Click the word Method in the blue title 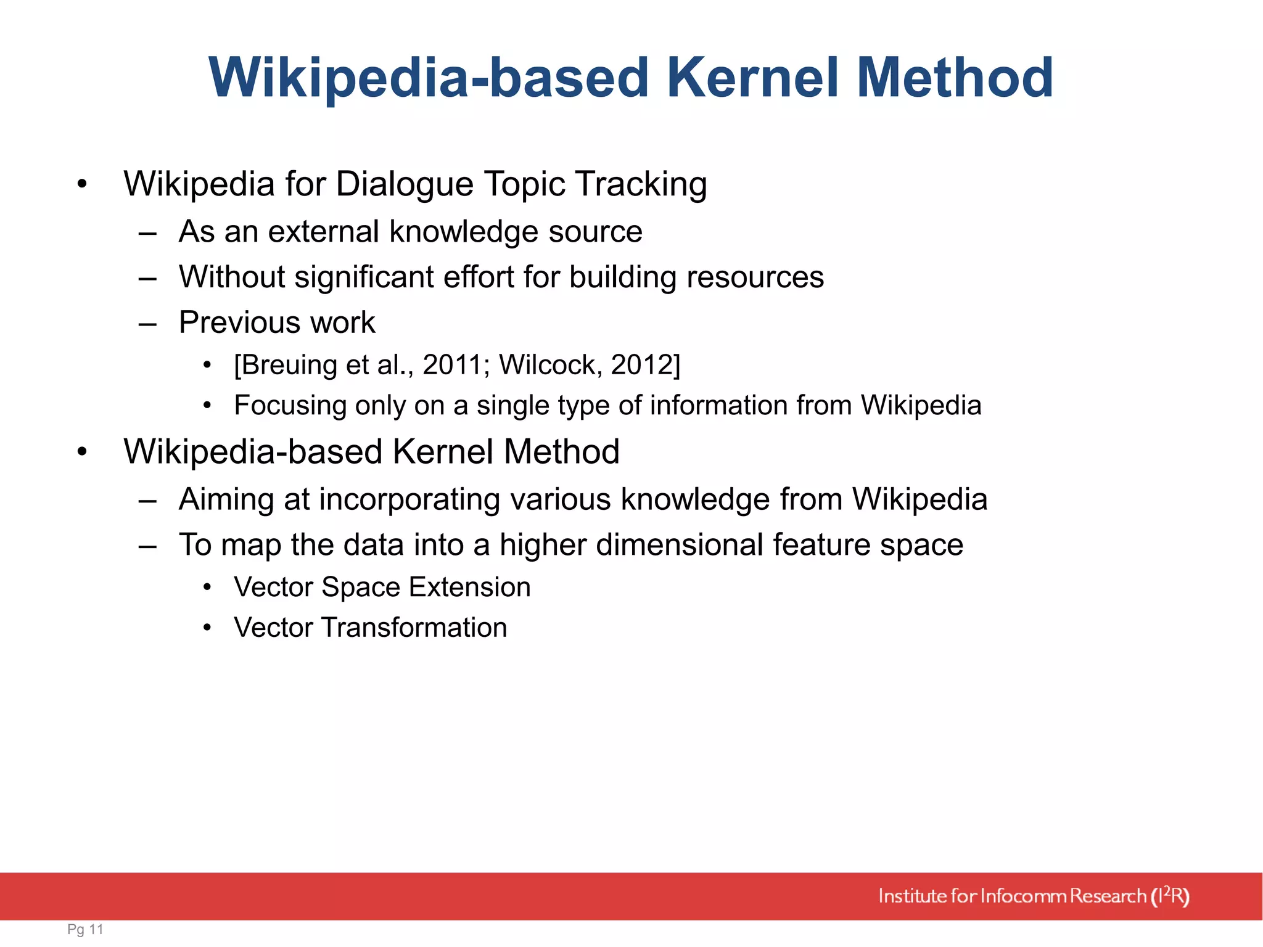click(955, 78)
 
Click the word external click(323, 232)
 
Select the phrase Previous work click(277, 322)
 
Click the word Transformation click(414, 628)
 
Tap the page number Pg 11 click(85, 929)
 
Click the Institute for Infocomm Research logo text click(1033, 896)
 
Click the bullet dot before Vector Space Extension click(208, 588)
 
